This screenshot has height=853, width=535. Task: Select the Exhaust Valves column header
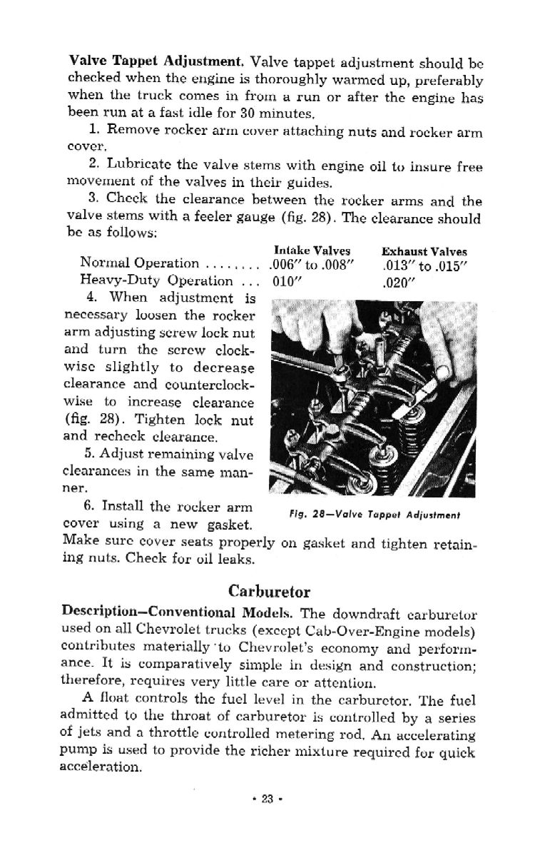coord(424,251)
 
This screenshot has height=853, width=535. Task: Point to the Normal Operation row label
coord(140,263)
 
